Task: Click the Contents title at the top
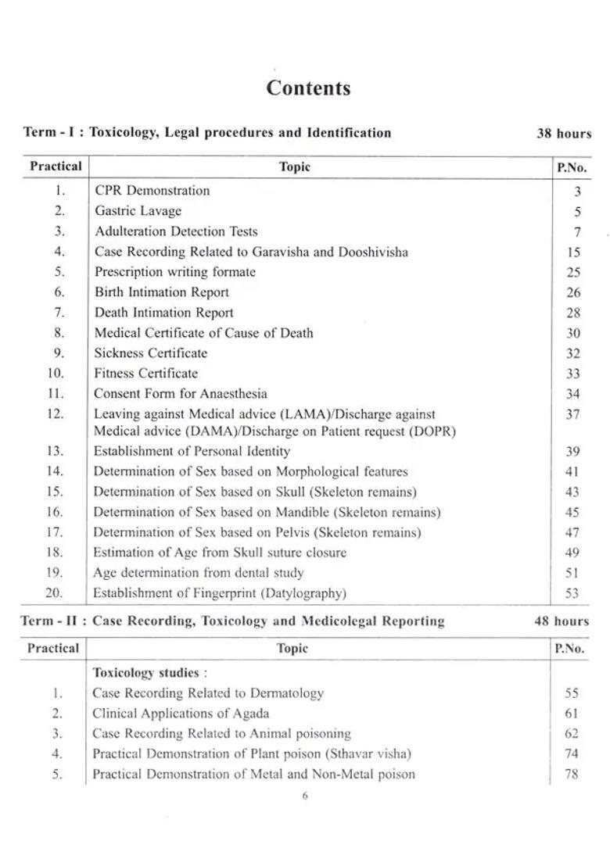(308, 88)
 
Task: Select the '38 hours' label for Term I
(563, 133)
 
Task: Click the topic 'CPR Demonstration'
(152, 191)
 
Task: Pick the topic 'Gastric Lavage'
(138, 211)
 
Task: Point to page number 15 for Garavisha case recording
(572, 252)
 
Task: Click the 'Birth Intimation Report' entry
(161, 292)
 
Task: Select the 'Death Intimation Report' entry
(163, 313)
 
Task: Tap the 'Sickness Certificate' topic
(151, 353)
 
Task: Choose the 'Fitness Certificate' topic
(145, 374)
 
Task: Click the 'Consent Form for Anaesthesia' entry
(180, 394)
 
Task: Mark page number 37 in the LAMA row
(572, 414)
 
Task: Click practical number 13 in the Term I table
(54, 451)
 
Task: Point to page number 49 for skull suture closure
(572, 553)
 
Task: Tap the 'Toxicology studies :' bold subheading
(149, 673)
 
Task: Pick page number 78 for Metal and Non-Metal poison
(571, 775)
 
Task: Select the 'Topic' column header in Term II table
(292, 649)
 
